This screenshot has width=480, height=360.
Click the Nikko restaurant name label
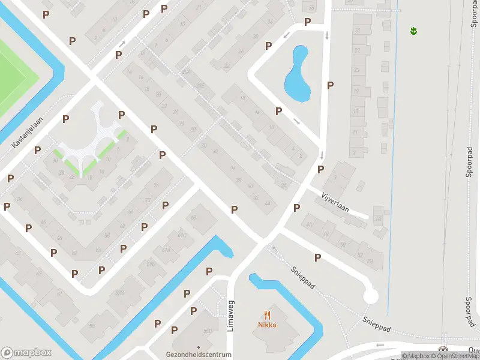268,325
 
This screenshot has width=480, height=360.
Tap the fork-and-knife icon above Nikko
268,314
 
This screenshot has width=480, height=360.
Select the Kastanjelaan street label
28,132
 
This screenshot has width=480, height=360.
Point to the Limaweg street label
230,315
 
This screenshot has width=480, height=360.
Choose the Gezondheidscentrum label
199,355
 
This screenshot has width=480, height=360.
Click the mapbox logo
26,352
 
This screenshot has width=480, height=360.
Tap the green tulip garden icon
413,30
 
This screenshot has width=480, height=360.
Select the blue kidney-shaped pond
297,75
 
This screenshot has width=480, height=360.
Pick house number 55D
208,331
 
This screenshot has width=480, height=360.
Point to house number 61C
182,235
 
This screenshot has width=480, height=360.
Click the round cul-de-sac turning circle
371,296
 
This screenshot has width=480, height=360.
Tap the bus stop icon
444,349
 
